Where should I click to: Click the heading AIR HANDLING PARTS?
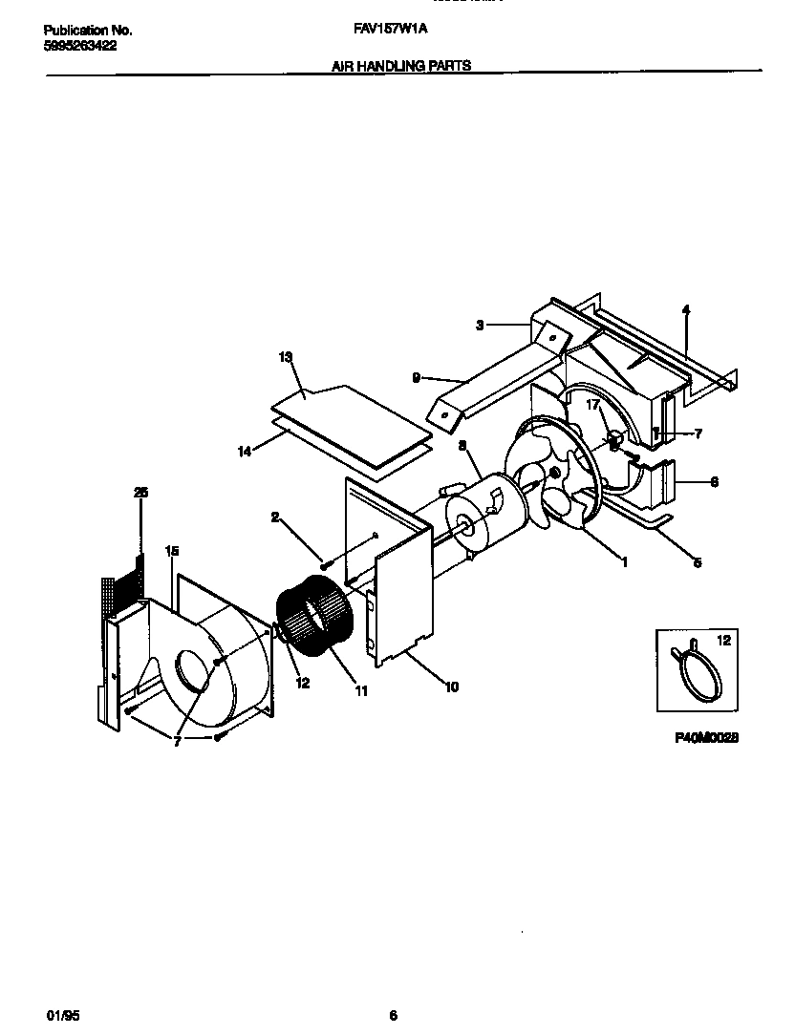coord(401,67)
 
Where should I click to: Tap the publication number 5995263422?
coord(80,45)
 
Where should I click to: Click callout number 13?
coord(285,356)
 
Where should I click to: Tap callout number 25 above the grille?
coord(140,492)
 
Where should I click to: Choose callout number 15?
coord(172,551)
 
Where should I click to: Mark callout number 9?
coord(416,377)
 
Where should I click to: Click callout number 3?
coord(480,326)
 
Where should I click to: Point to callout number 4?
coord(686,309)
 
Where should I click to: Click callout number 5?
coord(697,563)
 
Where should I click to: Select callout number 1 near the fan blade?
coord(624,562)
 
